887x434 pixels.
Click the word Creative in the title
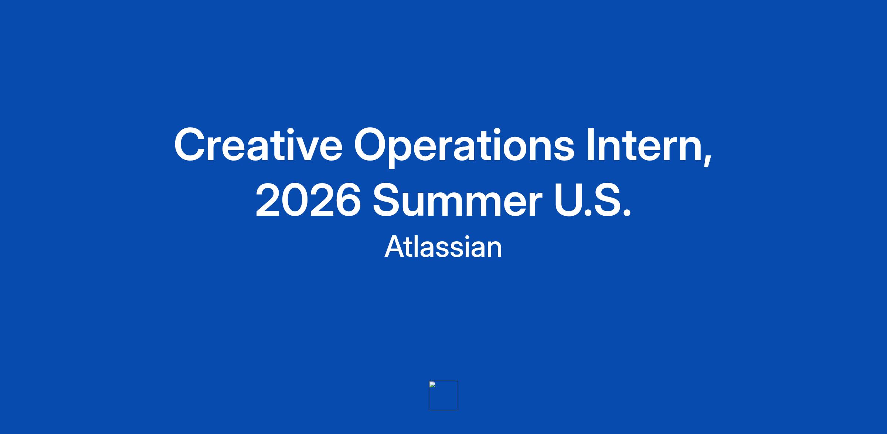coord(258,145)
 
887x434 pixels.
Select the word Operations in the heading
coord(464,147)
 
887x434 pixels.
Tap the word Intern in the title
coord(645,145)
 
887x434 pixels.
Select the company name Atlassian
coord(443,246)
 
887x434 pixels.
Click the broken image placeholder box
coord(443,396)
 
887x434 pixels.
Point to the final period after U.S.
coord(627,213)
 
